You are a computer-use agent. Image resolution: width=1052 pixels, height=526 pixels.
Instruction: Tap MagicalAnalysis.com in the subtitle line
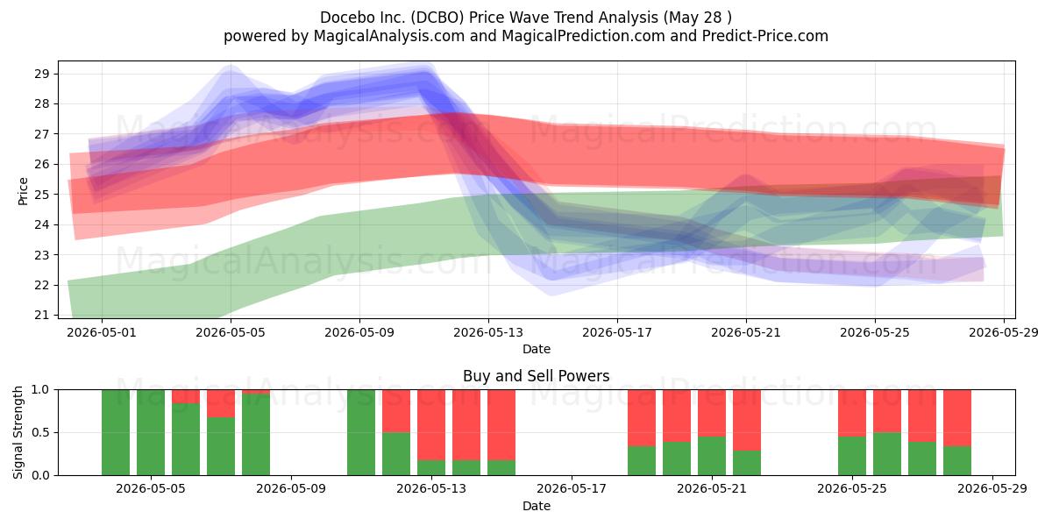pyautogui.click(x=389, y=36)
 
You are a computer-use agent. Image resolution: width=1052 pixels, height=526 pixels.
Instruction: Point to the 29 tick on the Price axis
pyautogui.click(x=42, y=74)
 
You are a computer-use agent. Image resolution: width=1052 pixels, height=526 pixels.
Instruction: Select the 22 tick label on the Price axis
pyautogui.click(x=42, y=285)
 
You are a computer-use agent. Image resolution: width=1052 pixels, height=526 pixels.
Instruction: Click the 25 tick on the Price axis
pyautogui.click(x=42, y=195)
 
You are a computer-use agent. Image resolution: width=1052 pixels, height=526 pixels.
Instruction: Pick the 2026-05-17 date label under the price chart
pyautogui.click(x=617, y=332)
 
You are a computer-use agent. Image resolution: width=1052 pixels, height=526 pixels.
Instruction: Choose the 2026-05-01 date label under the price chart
pyautogui.click(x=102, y=332)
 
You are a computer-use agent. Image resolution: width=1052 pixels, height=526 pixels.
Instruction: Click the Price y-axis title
pyautogui.click(x=23, y=191)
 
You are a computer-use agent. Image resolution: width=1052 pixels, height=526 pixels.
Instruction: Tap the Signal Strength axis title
pyautogui.click(x=18, y=432)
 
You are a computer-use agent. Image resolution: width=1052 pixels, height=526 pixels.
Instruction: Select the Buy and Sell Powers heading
pyautogui.click(x=537, y=376)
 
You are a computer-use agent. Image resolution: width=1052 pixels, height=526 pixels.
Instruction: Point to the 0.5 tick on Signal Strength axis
pyautogui.click(x=40, y=432)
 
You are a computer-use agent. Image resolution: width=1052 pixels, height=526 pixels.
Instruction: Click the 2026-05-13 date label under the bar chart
pyautogui.click(x=431, y=489)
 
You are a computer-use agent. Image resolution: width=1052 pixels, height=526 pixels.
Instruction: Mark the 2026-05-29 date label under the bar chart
pyautogui.click(x=992, y=489)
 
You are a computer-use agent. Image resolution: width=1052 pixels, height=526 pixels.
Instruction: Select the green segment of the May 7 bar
pyautogui.click(x=221, y=446)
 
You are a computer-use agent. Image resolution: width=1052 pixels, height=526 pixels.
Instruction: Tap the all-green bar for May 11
pyautogui.click(x=361, y=432)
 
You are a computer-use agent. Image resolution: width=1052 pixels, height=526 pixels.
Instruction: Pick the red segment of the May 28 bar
pyautogui.click(x=957, y=418)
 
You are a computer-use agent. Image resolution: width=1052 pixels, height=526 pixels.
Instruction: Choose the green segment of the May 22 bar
pyautogui.click(x=747, y=463)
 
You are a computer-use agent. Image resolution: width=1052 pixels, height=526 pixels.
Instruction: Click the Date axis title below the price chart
pyautogui.click(x=537, y=349)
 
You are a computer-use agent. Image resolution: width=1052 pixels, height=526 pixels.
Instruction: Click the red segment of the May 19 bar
pyautogui.click(x=642, y=418)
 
